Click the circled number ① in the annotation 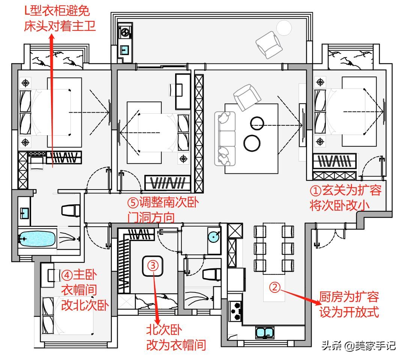[315, 191]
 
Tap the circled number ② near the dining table [275, 287]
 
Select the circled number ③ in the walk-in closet [153, 265]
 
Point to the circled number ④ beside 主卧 [67, 275]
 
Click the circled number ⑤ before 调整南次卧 [133, 202]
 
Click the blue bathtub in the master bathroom [37, 238]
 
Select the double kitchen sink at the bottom [265, 332]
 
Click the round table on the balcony [284, 28]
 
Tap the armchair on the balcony [269, 44]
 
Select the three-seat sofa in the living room [225, 139]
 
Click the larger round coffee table [252, 143]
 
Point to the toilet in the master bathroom [70, 211]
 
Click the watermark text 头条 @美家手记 [358, 345]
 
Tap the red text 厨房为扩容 [349, 297]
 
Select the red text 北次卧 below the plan [164, 330]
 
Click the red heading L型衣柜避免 [57, 11]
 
